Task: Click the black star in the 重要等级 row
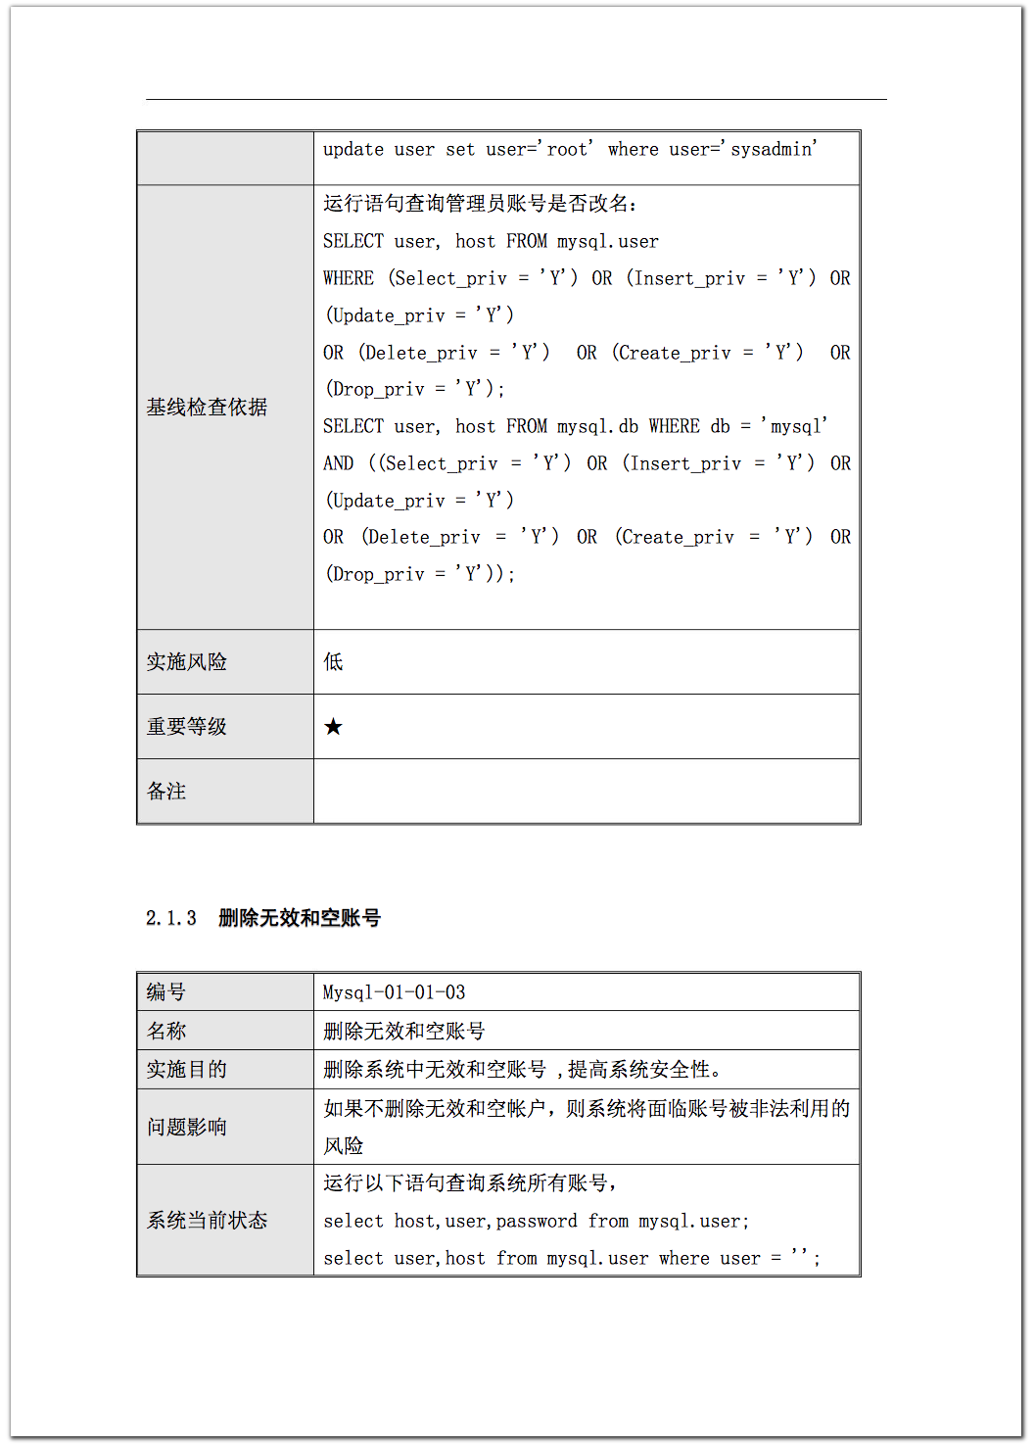[x=333, y=726]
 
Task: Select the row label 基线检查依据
[x=207, y=407]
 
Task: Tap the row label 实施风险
[x=186, y=661]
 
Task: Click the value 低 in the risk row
[x=333, y=661]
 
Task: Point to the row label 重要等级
[x=186, y=726]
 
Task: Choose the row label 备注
[x=166, y=791]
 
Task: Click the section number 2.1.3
[x=171, y=918]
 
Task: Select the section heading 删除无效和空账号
[x=299, y=918]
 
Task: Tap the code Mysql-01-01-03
[x=394, y=992]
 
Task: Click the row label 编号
[x=166, y=991]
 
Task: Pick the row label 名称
[x=166, y=1031]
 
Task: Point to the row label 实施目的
[x=186, y=1069]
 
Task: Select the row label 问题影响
[x=186, y=1127]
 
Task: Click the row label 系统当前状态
[x=207, y=1220]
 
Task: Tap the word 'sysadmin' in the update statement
[x=773, y=149]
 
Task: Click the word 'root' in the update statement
[x=567, y=149]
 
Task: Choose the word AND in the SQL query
[x=339, y=463]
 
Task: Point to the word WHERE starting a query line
[x=349, y=278]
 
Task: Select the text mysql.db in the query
[x=597, y=426]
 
